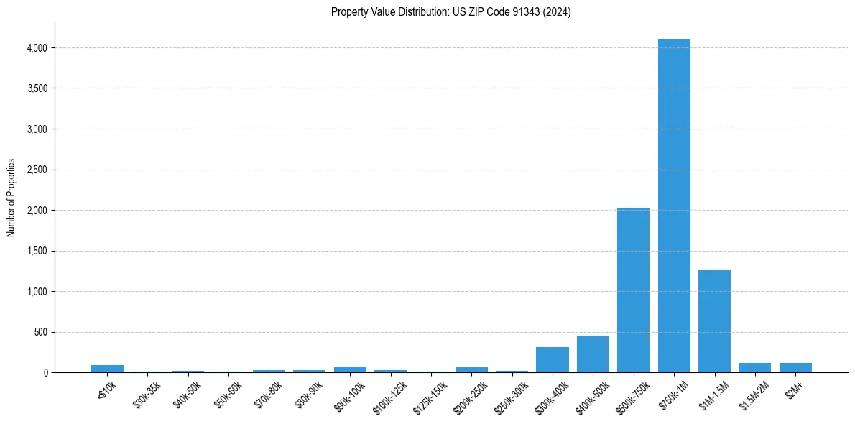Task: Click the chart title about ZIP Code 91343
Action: pyautogui.click(x=450, y=12)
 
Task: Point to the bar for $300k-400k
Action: pyautogui.click(x=553, y=359)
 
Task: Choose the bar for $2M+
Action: pyautogui.click(x=795, y=367)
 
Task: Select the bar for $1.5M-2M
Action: pyautogui.click(x=754, y=367)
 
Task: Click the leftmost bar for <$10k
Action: pyautogui.click(x=107, y=369)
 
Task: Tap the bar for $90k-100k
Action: pyautogui.click(x=350, y=369)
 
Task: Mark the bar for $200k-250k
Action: pyautogui.click(x=471, y=369)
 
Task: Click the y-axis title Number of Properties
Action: pyautogui.click(x=11, y=198)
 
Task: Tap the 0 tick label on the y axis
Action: pyautogui.click(x=45, y=373)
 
